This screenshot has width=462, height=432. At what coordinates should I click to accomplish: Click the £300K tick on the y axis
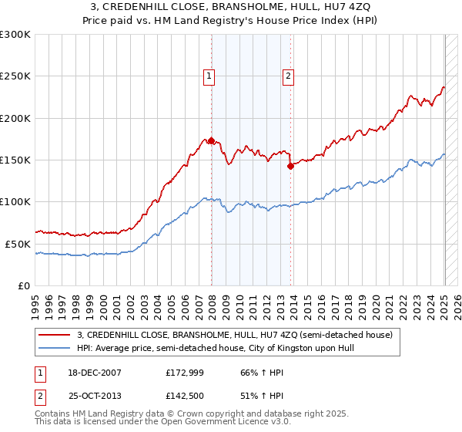click(x=15, y=35)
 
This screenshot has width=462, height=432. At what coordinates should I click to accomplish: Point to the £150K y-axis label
click(x=15, y=160)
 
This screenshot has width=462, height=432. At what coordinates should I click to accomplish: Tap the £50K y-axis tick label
click(x=17, y=244)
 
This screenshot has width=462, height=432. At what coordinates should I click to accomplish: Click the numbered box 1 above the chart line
click(x=209, y=76)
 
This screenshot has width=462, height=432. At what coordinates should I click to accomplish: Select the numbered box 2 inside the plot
click(x=288, y=76)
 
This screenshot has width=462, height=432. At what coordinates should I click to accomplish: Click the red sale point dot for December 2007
click(x=211, y=141)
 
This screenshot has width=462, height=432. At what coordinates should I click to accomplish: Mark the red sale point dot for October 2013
click(x=290, y=166)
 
